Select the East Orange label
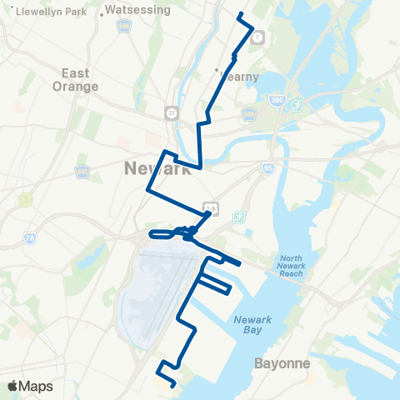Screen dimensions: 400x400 coord(79,79)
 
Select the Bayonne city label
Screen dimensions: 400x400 coord(282,364)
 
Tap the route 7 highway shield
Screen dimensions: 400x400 coord(258,37)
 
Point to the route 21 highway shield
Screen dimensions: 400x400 coord(172,111)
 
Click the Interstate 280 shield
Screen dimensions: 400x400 coord(277,100)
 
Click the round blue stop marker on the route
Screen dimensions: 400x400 coord(192,231)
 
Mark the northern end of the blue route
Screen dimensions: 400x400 coord(240,14)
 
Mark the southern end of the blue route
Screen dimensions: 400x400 coord(172,386)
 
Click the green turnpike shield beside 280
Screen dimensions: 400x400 coord(297,106)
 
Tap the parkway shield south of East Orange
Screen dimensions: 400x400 coord(82,172)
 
